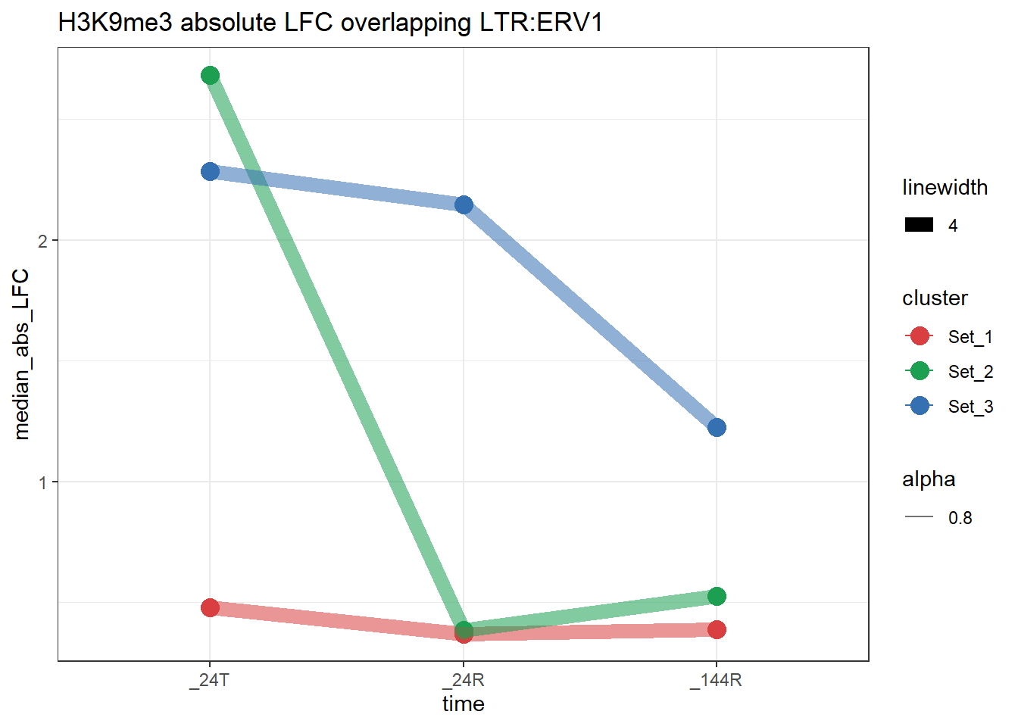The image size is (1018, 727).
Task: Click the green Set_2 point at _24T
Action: [x=211, y=75]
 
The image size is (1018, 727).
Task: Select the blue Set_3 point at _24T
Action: [x=211, y=172]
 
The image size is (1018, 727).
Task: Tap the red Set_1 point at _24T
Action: [x=211, y=607]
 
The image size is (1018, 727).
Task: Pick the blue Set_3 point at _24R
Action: [x=464, y=204]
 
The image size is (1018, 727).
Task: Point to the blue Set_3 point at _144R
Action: [x=717, y=428]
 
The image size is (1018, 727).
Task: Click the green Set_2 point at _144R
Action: [x=717, y=596]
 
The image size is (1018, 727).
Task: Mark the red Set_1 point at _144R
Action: [x=717, y=629]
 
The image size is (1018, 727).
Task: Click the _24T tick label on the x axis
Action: [x=210, y=680]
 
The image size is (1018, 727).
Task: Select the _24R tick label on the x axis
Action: [x=464, y=680]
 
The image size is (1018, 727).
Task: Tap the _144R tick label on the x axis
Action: [x=716, y=680]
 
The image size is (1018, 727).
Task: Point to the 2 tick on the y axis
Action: [x=43, y=241]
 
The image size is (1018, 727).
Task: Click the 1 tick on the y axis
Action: [x=43, y=482]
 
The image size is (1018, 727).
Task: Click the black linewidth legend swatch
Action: [x=920, y=225]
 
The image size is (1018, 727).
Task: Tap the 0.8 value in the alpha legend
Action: [x=960, y=518]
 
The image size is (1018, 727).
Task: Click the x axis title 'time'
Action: [x=464, y=704]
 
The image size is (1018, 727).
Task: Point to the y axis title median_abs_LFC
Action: [x=21, y=354]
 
